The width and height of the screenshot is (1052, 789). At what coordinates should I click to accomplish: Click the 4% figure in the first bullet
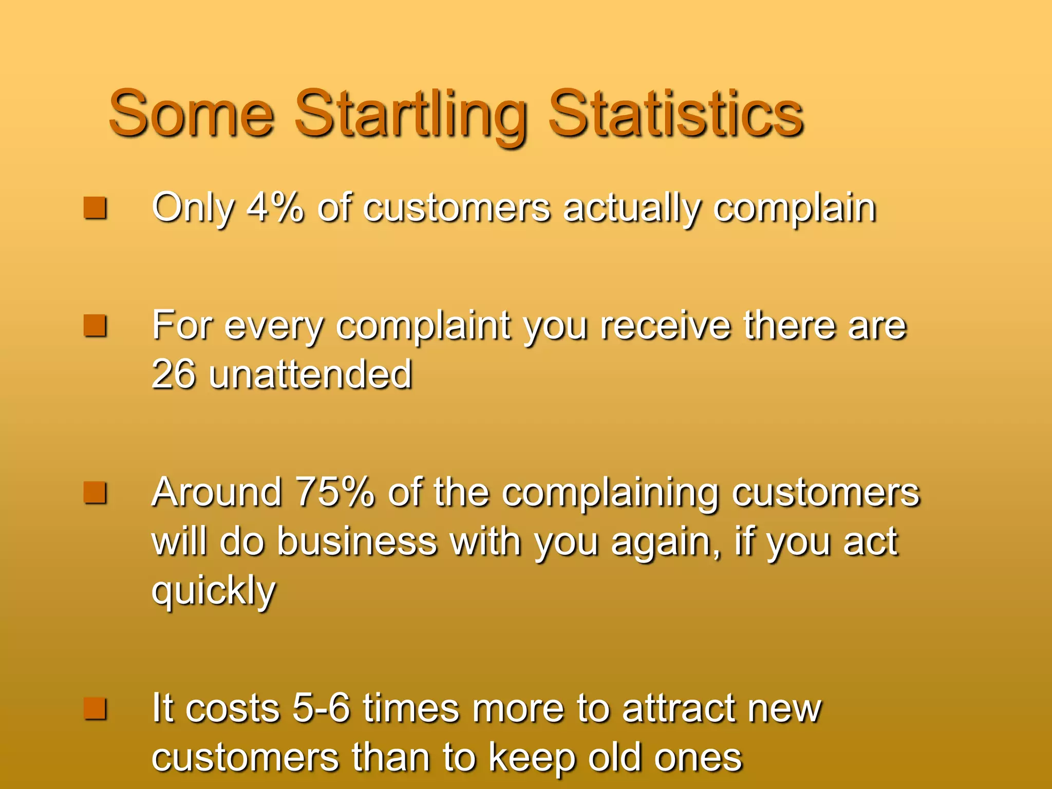pyautogui.click(x=275, y=208)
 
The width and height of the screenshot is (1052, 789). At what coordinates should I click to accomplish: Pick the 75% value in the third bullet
pyautogui.click(x=334, y=492)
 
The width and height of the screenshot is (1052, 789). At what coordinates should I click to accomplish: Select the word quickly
pyautogui.click(x=214, y=591)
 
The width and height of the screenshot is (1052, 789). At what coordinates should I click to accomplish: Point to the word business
pyautogui.click(x=357, y=541)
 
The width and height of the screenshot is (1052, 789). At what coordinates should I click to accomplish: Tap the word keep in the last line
pyautogui.click(x=532, y=757)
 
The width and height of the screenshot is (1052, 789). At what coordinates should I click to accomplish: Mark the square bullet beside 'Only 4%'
pyautogui.click(x=95, y=208)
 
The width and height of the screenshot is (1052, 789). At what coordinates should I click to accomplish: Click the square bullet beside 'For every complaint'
pyautogui.click(x=95, y=326)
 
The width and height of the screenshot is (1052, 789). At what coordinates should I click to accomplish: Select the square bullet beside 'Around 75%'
pyautogui.click(x=95, y=492)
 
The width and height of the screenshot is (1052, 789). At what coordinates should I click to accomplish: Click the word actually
pyautogui.click(x=632, y=209)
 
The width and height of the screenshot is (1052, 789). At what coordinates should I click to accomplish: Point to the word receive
pyautogui.click(x=665, y=326)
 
